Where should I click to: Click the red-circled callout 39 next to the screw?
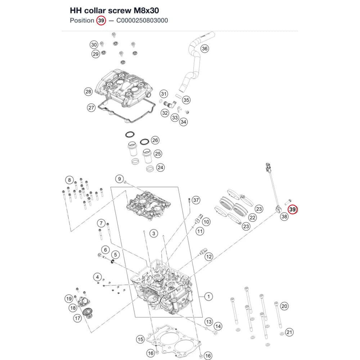tap(292, 210)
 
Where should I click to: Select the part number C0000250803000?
tap(142, 21)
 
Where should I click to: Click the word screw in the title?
tap(119, 10)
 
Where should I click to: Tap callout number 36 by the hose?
tap(204, 49)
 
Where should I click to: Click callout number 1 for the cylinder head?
tap(208, 296)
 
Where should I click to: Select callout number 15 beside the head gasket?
tap(140, 339)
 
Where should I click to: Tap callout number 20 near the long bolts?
tap(284, 306)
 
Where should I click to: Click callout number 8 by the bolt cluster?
tap(69, 180)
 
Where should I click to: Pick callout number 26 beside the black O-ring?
tap(155, 140)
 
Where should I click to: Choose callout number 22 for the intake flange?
tap(253, 218)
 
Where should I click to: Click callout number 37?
tap(196, 200)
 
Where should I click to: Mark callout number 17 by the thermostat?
tap(77, 318)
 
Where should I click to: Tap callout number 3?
tap(154, 234)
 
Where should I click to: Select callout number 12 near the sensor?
tap(209, 256)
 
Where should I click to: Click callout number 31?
tap(164, 94)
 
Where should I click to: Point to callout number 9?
tap(120, 179)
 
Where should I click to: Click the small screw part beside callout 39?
tap(288, 202)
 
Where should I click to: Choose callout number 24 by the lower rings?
tap(160, 167)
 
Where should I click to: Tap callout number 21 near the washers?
tap(289, 332)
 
